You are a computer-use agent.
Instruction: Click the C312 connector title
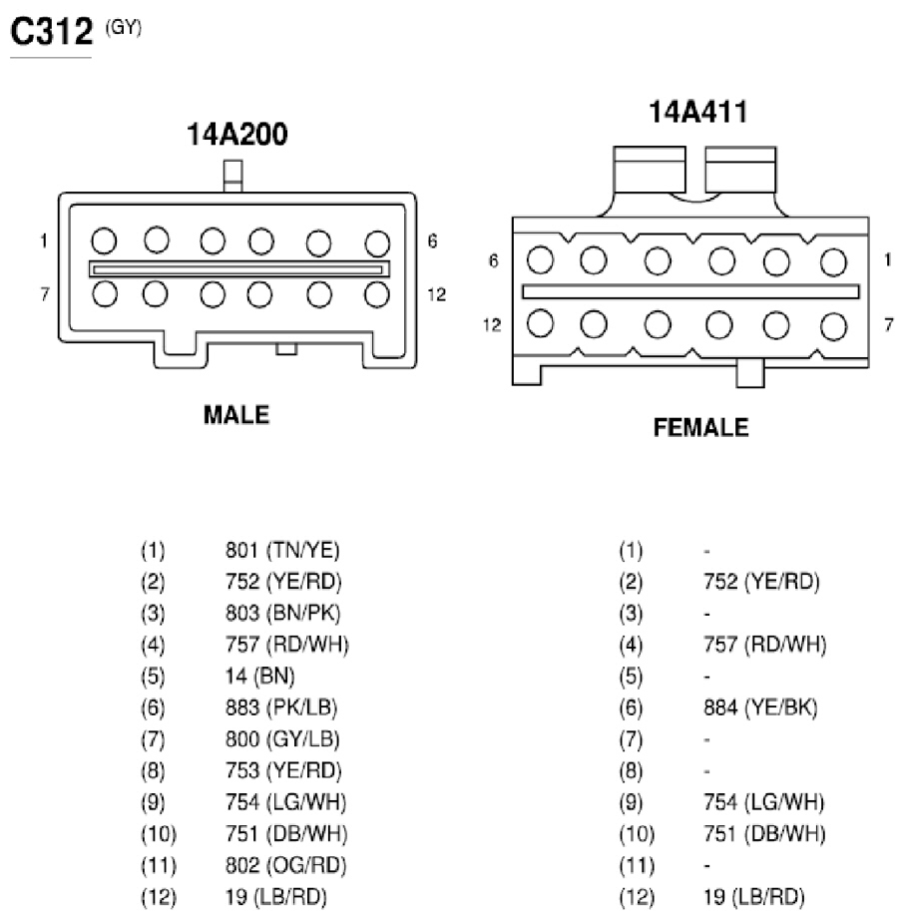(52, 31)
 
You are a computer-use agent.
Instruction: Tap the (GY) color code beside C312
(123, 27)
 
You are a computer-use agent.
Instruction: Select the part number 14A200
(237, 135)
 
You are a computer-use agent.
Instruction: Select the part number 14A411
(698, 112)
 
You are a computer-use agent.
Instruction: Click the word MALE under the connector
(236, 415)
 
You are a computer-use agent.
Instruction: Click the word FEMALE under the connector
(701, 427)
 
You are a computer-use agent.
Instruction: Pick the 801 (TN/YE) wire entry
(282, 551)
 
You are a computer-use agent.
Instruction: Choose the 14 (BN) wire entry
(259, 676)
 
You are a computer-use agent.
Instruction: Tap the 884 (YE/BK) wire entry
(760, 707)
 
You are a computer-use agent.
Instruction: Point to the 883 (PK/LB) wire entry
(281, 707)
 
